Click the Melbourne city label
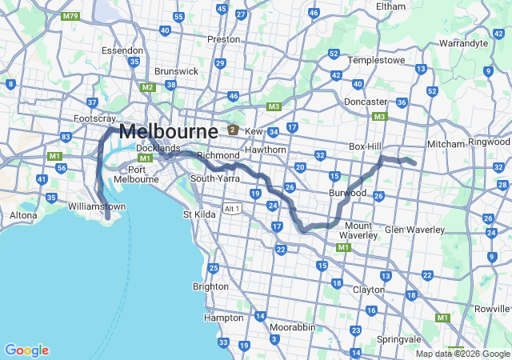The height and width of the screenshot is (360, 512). pyautogui.click(x=168, y=132)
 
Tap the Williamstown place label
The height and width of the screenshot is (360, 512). pyautogui.click(x=98, y=206)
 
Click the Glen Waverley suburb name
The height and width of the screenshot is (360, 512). pyautogui.click(x=414, y=230)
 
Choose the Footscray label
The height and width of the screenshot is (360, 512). pyautogui.click(x=89, y=118)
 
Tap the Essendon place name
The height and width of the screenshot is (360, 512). pyautogui.click(x=122, y=50)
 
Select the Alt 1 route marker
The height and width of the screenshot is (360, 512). pyautogui.click(x=232, y=209)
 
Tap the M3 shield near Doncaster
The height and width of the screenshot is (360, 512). pyautogui.click(x=380, y=117)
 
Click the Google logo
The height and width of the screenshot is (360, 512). pyautogui.click(x=26, y=350)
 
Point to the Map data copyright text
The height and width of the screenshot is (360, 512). pyautogui.click(x=462, y=354)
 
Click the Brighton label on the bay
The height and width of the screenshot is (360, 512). pyautogui.click(x=210, y=286)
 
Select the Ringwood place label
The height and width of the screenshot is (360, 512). pyautogui.click(x=490, y=143)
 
